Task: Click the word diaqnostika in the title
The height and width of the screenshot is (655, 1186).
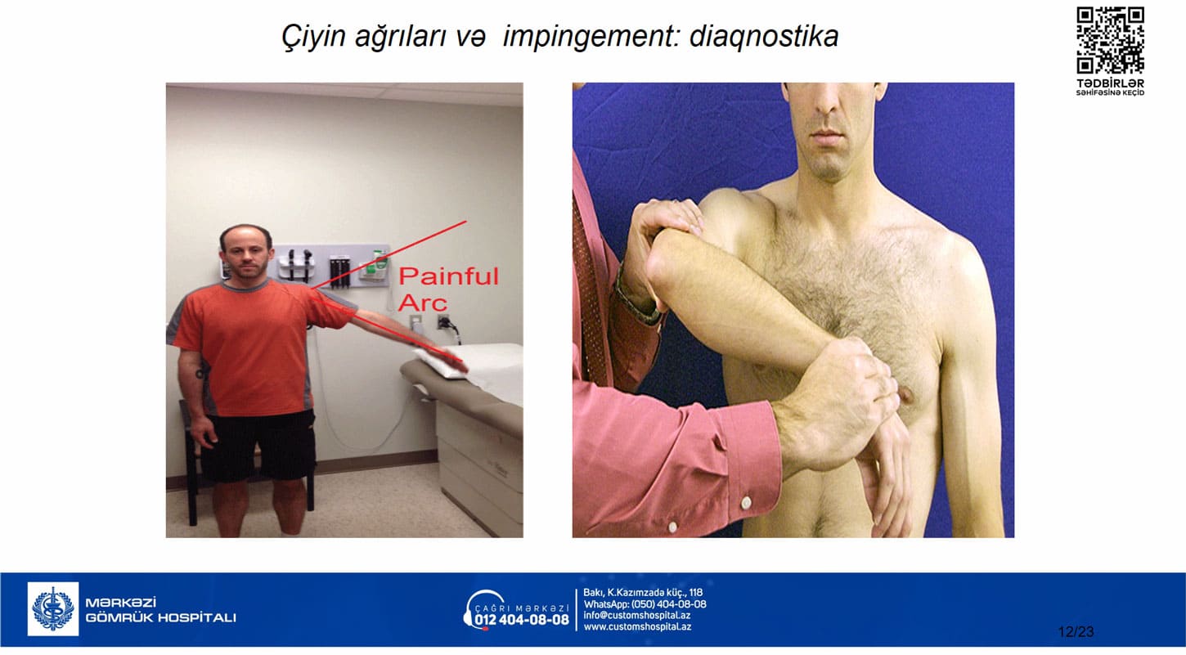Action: [764, 37]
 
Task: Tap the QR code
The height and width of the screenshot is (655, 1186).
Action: [1110, 40]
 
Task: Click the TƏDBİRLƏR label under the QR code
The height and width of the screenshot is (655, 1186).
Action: [1110, 83]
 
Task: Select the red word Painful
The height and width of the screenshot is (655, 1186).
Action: [448, 276]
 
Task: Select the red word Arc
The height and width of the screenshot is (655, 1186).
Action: [423, 303]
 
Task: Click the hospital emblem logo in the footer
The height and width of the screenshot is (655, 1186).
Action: [53, 609]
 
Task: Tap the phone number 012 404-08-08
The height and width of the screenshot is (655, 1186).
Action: [522, 620]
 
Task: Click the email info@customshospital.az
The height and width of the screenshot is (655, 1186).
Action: [637, 615]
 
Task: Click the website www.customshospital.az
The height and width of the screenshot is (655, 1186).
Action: [637, 627]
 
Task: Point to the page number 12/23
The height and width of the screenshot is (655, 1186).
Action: [1076, 632]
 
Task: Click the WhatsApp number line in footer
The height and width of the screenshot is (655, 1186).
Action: [645, 604]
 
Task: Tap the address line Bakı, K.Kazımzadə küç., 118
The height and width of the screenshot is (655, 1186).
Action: [643, 593]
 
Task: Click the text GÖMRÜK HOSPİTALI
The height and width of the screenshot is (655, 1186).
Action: [160, 618]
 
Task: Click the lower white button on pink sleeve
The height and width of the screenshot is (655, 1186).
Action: [672, 527]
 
